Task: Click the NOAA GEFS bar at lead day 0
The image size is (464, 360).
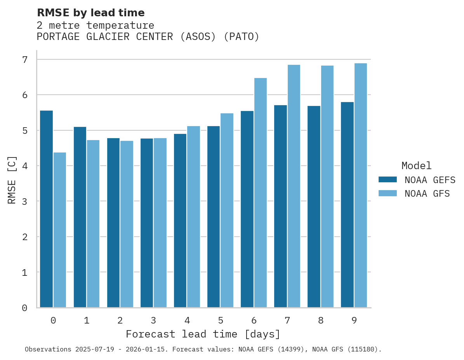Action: (x=47, y=209)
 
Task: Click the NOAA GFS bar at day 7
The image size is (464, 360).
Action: (x=294, y=186)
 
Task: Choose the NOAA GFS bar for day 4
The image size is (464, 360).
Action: (x=193, y=217)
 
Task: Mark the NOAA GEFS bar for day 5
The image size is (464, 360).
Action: (x=214, y=217)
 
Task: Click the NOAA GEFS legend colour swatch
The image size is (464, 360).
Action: (x=388, y=180)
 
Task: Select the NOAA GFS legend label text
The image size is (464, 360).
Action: (x=427, y=194)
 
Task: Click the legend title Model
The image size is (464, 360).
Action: (x=416, y=166)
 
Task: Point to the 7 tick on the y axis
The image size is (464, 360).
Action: (x=25, y=60)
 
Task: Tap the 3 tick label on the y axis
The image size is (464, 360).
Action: (x=25, y=201)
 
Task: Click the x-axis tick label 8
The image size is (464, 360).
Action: (x=320, y=320)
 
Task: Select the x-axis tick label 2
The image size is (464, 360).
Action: (x=120, y=320)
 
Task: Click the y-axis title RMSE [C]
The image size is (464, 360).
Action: (x=12, y=180)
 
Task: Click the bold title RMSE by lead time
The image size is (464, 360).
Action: (x=91, y=13)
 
